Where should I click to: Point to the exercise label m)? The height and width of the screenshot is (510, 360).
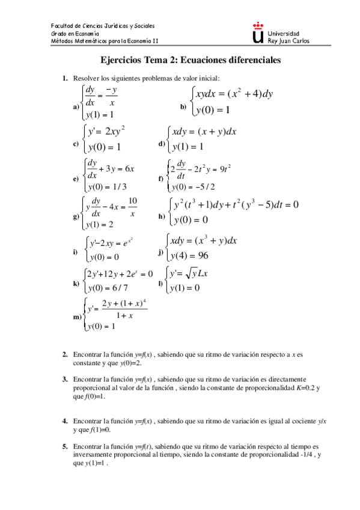pyautogui.click(x=76, y=316)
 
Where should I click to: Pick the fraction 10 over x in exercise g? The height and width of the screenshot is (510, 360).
pyautogui.click(x=133, y=206)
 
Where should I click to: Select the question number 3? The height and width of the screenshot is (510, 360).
pyautogui.click(x=65, y=379)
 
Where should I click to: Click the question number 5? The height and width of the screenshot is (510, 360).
pyautogui.click(x=65, y=447)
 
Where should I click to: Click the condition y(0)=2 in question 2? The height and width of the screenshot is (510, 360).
pyautogui.click(x=129, y=363)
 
